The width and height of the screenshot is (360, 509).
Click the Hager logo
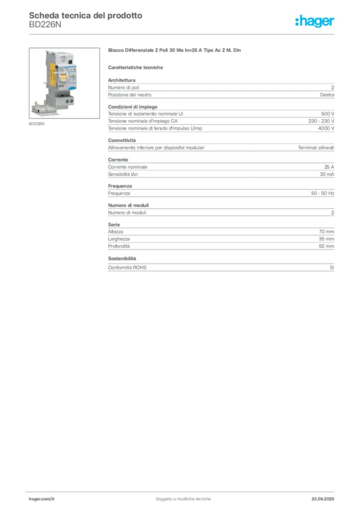point(315,21)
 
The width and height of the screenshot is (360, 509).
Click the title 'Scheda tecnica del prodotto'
point(86,15)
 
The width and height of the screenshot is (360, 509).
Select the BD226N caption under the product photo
point(37,124)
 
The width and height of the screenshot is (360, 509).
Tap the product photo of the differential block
point(64,83)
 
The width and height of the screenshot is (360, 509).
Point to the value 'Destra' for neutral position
point(327,95)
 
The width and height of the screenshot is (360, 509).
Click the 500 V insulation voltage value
point(328,114)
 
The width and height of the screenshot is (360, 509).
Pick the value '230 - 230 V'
point(321,121)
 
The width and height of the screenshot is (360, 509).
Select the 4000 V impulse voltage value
point(326,128)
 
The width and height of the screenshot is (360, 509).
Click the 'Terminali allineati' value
point(316,148)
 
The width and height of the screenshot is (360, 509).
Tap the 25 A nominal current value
point(329,167)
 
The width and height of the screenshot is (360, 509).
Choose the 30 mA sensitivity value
point(327,174)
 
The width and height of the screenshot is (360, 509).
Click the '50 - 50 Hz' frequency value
point(323,193)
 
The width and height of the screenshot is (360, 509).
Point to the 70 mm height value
point(326,232)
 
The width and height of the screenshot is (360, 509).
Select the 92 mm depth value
point(326,246)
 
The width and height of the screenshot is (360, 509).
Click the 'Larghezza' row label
point(119,239)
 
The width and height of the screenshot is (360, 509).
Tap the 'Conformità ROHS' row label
point(127,267)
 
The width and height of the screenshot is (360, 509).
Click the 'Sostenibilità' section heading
point(122,258)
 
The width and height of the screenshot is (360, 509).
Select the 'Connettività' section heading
point(122,140)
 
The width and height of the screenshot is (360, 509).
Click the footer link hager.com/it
point(42,499)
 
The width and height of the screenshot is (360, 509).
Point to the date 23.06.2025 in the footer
point(323,499)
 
